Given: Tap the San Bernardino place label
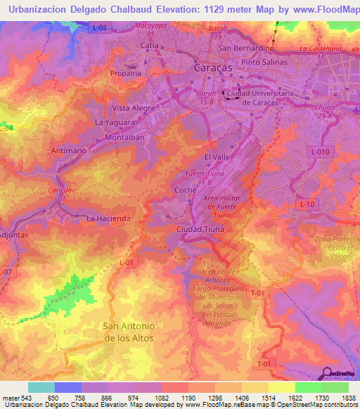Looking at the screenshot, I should pos(246,48).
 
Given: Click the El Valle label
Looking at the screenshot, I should pos(217,157).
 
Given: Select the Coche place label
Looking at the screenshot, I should pos(184,189).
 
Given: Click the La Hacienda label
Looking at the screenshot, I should pos(108,219).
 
